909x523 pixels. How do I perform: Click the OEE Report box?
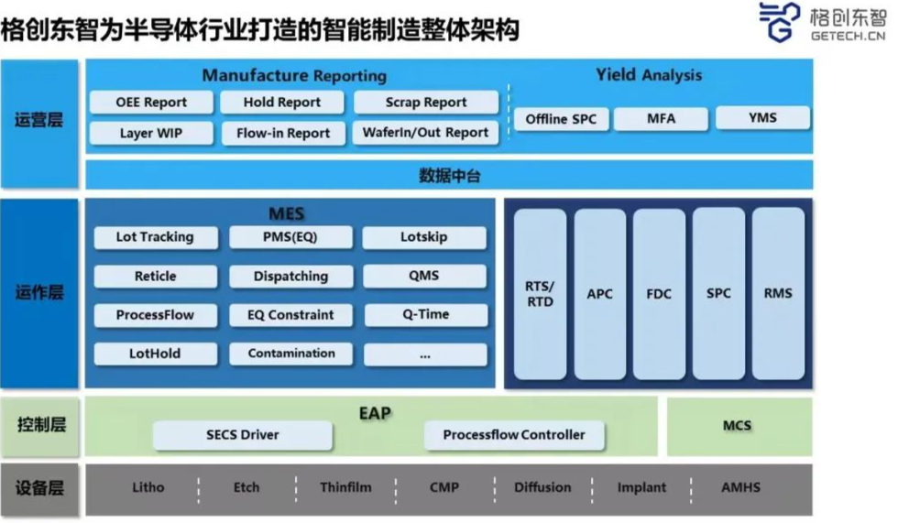click(151, 103)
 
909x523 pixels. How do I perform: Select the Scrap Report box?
click(426, 103)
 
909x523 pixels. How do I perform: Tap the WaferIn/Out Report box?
click(425, 133)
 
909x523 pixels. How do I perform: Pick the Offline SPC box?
click(561, 119)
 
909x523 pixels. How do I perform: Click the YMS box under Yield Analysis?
click(762, 118)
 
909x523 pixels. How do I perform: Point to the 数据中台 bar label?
click(450, 176)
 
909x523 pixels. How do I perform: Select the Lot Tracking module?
click(156, 237)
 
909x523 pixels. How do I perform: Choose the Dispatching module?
click(290, 277)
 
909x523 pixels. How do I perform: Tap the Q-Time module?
click(425, 314)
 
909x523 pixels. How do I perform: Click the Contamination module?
click(291, 354)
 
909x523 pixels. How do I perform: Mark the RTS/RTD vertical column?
click(540, 294)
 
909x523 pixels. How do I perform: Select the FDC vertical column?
click(659, 294)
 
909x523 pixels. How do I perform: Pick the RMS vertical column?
click(778, 294)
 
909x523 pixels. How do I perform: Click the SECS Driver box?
click(242, 436)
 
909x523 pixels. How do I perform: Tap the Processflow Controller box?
click(514, 436)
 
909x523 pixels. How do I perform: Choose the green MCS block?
click(739, 426)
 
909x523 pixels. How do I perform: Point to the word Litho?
click(148, 487)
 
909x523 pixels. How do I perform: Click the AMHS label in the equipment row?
click(740, 487)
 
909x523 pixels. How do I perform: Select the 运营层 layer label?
click(38, 121)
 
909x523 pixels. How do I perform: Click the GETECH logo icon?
click(780, 22)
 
